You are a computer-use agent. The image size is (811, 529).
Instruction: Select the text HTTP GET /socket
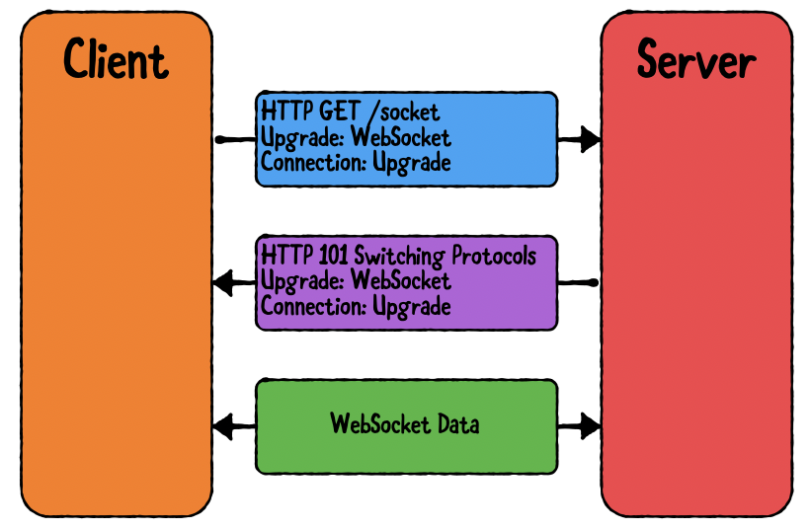click(x=350, y=112)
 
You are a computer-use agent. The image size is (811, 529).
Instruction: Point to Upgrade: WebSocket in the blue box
click(x=356, y=137)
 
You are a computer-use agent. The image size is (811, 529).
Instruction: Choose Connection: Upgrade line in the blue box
click(x=356, y=162)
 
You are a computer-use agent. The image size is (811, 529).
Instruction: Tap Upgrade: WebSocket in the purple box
click(x=356, y=281)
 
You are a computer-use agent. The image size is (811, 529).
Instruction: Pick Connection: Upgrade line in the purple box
click(x=356, y=306)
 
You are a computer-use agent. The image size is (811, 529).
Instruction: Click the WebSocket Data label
click(x=405, y=425)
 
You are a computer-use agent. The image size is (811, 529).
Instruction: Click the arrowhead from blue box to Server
click(x=590, y=139)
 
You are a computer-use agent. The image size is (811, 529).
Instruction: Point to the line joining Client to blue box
click(x=235, y=140)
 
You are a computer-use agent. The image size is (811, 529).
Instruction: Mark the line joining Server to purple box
click(x=578, y=283)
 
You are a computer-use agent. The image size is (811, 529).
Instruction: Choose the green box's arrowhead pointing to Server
click(x=590, y=427)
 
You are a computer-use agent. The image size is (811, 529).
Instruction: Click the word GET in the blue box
click(x=318, y=112)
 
